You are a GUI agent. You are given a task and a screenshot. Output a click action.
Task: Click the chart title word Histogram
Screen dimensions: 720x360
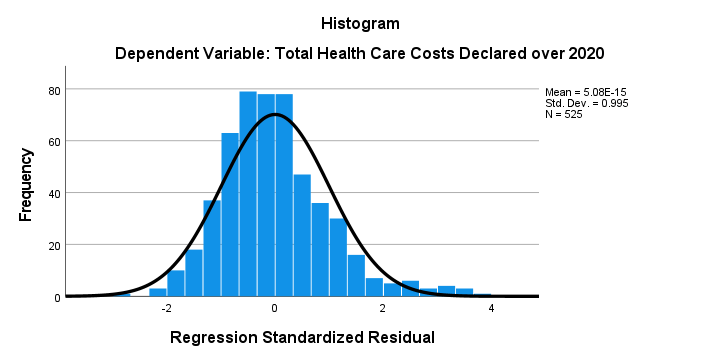(x=360, y=23)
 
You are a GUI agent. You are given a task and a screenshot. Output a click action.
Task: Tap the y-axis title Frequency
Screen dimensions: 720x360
(x=26, y=185)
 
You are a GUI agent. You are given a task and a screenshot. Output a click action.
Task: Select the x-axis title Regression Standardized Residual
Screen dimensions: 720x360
(x=302, y=338)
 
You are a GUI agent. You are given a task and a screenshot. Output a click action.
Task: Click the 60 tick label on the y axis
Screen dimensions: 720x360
(x=55, y=141)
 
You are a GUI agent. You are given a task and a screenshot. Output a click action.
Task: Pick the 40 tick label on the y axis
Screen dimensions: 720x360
(x=55, y=193)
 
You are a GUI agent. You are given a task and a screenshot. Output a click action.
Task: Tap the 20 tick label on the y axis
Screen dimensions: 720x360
(x=55, y=245)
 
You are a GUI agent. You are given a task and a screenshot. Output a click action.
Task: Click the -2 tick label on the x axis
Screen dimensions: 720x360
(x=166, y=308)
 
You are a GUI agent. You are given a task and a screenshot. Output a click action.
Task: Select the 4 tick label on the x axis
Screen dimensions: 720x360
(x=491, y=308)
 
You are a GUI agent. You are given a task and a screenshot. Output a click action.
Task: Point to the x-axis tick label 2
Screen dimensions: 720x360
(x=383, y=308)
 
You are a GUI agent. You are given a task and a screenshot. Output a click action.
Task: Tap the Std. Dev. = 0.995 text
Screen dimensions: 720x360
(x=586, y=103)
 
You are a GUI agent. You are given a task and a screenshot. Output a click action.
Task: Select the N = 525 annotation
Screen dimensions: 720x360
(x=563, y=114)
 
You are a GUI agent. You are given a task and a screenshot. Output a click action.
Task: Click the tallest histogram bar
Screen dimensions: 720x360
(x=248, y=194)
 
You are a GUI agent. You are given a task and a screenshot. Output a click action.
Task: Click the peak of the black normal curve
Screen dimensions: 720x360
(x=275, y=114)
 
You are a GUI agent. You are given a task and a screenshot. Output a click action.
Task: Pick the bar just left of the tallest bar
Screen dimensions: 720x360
(x=230, y=215)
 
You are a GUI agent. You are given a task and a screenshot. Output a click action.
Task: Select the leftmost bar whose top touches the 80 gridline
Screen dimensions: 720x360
(x=248, y=194)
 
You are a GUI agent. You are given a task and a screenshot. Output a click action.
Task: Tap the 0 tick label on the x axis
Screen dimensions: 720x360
(x=275, y=308)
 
